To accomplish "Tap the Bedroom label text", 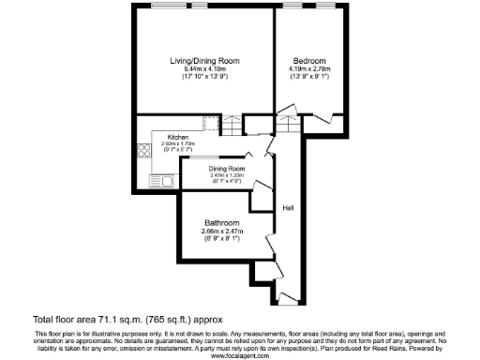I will pyautogui.click(x=308, y=61).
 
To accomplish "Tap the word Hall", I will pyautogui.click(x=291, y=208).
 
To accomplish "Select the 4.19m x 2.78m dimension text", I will pyautogui.click(x=308, y=69).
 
